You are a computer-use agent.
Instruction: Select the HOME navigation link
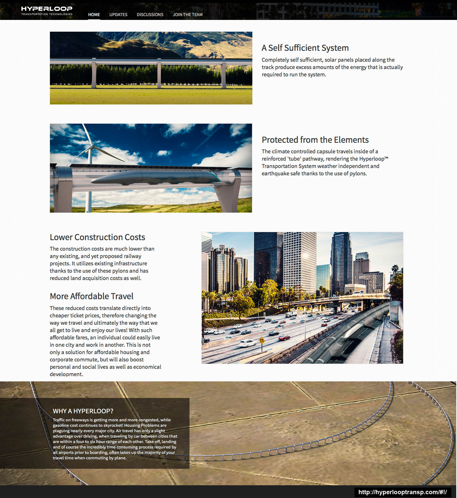coord(94,15)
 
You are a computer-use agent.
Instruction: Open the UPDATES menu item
coord(118,15)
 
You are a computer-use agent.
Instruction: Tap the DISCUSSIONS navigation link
coord(150,15)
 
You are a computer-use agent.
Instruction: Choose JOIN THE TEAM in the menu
coord(187,15)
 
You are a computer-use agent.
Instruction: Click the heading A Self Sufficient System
coord(305,48)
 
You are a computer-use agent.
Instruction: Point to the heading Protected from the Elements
coord(315,140)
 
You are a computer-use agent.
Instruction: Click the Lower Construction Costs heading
coord(97,237)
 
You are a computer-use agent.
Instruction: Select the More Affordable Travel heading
coord(91,296)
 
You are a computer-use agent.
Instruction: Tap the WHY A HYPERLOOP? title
coord(83,411)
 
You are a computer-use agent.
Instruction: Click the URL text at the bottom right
coord(402,492)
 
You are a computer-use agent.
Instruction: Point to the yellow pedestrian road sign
coord(262,340)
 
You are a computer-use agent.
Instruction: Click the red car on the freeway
coord(284,338)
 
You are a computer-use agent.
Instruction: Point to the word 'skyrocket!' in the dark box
coord(112,425)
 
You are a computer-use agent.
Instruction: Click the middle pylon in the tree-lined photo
coord(159,74)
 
